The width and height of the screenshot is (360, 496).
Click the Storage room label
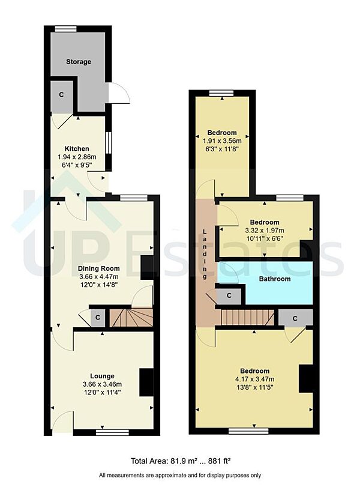pos(79,62)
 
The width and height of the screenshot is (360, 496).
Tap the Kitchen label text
pos(77,148)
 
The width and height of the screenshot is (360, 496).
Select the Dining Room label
pos(98,268)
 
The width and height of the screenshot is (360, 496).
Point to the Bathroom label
pos(274,279)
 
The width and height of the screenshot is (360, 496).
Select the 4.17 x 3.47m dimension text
pos(255,379)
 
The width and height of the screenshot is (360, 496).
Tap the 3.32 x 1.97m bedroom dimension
pos(265,230)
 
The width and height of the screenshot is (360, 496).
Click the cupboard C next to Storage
pos(61,95)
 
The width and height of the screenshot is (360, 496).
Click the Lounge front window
pos(108,431)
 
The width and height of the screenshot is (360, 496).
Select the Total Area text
pos(181,461)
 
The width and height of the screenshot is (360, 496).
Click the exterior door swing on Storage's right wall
pos(119,93)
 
